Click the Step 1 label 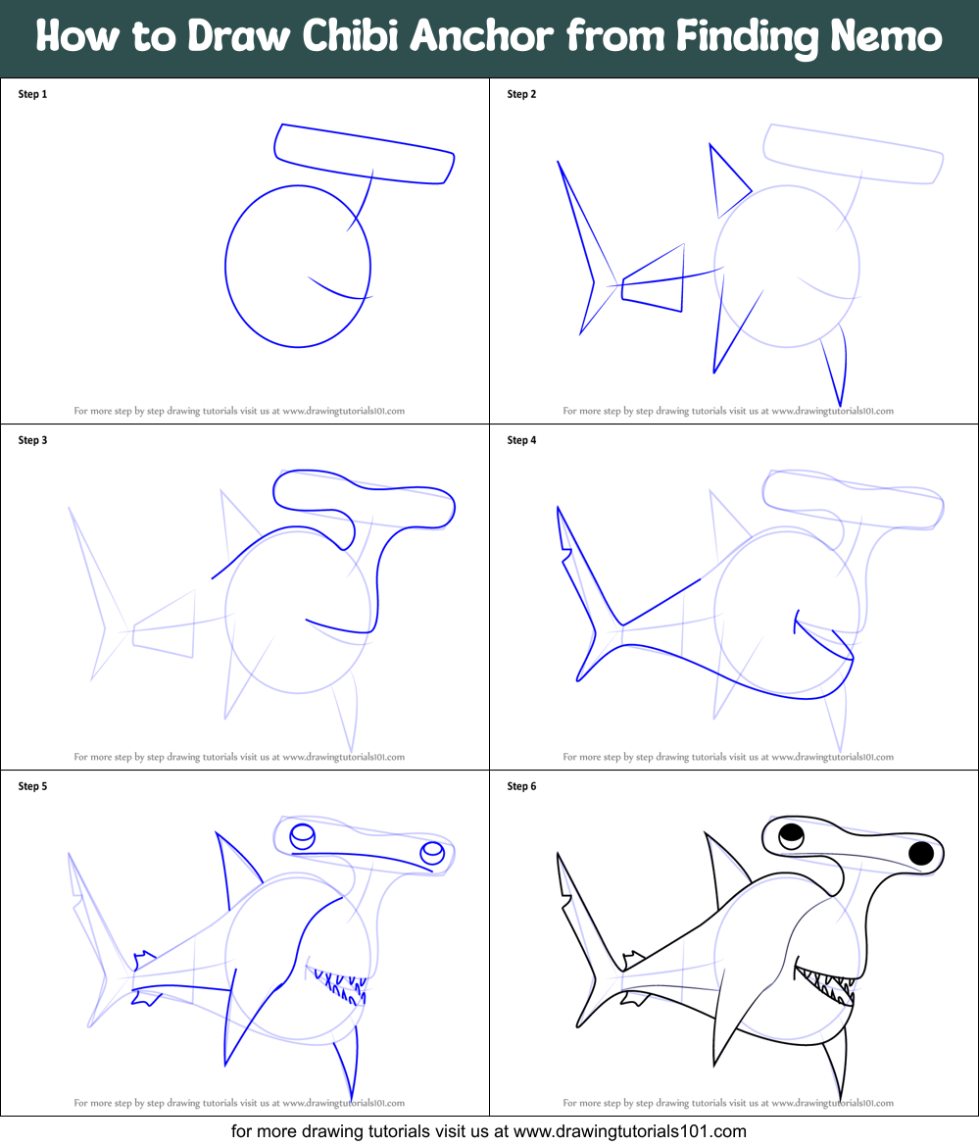tap(32, 94)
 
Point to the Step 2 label tap(521, 94)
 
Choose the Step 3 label tap(32, 440)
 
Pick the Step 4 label tap(521, 440)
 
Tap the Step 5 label tap(32, 786)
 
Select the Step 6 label tap(521, 786)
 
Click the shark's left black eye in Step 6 tap(791, 836)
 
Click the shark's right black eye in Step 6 tap(921, 853)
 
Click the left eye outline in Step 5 tap(303, 836)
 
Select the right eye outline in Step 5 tap(432, 854)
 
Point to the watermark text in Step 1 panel tap(239, 411)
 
